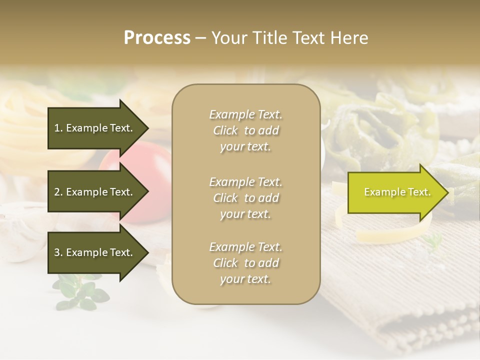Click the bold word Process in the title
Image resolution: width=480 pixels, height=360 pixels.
point(157,38)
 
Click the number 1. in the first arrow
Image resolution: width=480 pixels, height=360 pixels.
point(58,128)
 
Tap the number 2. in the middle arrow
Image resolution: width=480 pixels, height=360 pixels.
point(58,192)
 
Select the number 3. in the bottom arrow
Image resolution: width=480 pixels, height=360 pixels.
point(58,252)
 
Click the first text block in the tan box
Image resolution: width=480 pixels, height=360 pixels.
point(245,130)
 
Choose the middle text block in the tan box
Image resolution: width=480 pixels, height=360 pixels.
point(245,198)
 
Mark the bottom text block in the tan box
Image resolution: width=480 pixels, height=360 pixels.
point(245,263)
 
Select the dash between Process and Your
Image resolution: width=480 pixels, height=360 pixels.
point(201,38)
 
